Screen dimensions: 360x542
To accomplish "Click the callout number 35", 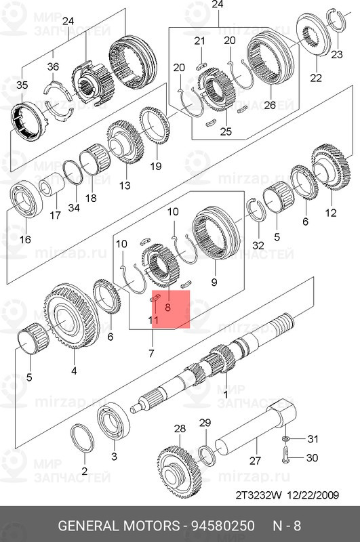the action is click(x=22, y=85).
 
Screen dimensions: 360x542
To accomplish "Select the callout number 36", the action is click(x=53, y=66).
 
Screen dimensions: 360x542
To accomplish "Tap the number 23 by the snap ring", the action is click(x=336, y=54).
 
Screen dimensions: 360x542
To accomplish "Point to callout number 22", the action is click(x=316, y=78).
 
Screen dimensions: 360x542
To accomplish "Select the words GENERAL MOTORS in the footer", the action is click(x=119, y=526).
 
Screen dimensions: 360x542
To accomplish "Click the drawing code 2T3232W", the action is click(x=259, y=495).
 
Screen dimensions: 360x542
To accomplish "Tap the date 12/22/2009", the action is click(x=313, y=495).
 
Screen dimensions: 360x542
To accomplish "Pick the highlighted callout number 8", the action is click(x=167, y=307).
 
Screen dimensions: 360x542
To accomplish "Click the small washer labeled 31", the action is click(x=286, y=438).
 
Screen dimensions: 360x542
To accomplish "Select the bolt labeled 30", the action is click(x=286, y=455).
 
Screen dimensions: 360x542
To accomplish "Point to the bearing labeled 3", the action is click(x=113, y=421).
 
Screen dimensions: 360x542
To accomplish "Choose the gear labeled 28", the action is click(x=179, y=472).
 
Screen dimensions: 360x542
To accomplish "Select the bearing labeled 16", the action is click(x=26, y=199).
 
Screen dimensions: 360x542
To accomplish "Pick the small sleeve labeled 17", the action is click(x=52, y=185).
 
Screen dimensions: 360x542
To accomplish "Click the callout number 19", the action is click(x=156, y=166).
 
